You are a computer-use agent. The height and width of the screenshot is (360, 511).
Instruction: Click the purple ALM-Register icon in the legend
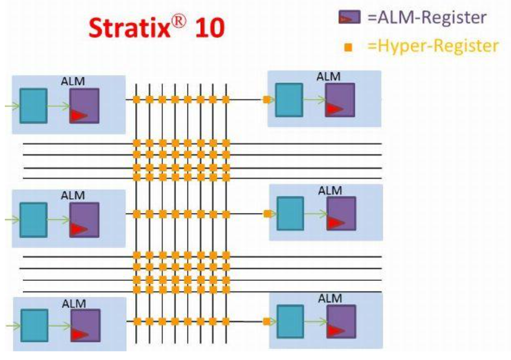349,18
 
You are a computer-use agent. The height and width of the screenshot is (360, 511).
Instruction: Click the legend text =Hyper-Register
433,46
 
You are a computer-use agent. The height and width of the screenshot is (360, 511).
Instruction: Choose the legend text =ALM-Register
426,18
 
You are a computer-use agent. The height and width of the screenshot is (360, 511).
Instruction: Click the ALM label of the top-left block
73,82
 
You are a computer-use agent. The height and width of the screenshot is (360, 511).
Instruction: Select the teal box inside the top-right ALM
289,100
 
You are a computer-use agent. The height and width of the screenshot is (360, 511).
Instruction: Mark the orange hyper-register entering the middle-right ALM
267,214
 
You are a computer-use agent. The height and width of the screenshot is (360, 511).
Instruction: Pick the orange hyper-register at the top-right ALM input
267,100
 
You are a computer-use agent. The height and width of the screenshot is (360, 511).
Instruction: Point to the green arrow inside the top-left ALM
58,106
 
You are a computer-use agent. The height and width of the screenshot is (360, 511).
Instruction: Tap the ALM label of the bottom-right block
330,298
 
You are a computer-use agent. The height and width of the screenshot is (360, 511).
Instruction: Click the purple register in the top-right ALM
340,100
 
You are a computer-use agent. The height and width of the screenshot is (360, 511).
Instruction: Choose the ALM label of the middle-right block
330,191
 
